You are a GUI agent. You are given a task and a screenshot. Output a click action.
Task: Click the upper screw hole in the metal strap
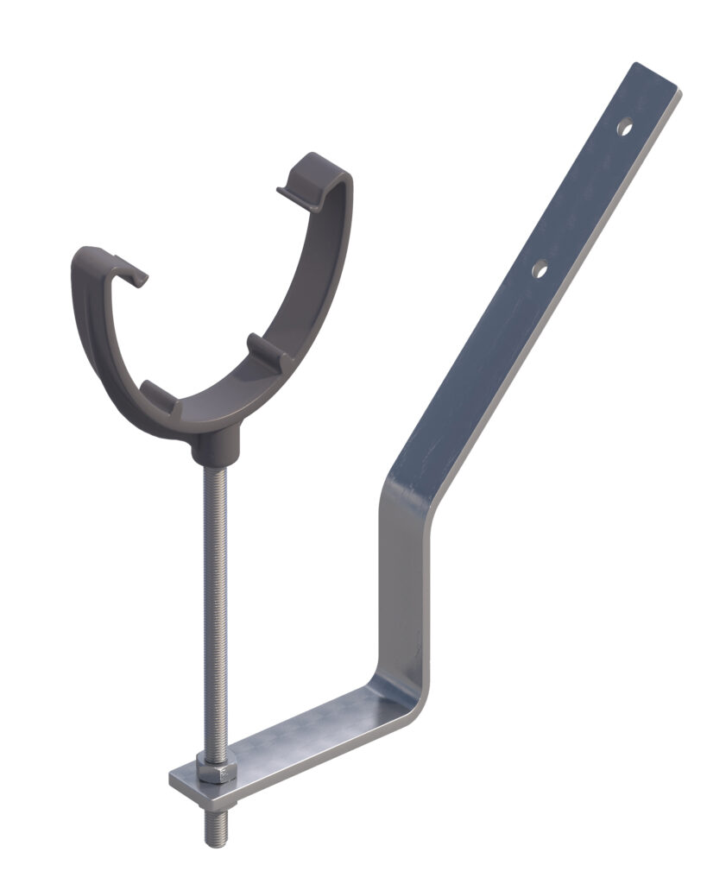[624, 128]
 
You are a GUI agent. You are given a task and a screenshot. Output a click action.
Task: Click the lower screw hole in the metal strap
[540, 270]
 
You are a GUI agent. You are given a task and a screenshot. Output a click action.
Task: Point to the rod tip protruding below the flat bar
[216, 829]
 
